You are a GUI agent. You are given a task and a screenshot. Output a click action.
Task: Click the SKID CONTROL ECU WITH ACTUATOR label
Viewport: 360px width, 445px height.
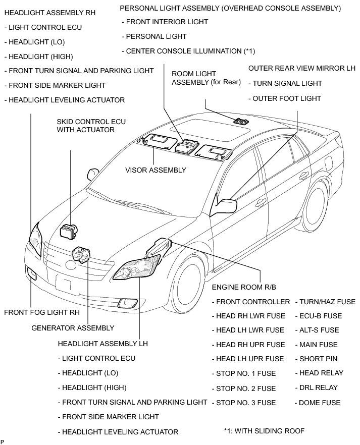(91, 126)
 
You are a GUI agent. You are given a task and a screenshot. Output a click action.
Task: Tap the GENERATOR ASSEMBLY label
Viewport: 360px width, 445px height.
(73, 328)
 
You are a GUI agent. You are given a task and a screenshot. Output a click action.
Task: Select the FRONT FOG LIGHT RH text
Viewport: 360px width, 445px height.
(42, 312)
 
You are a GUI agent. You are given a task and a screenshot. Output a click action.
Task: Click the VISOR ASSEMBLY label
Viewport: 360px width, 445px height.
(156, 170)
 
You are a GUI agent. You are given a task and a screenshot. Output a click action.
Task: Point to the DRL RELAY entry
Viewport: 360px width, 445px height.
(318, 387)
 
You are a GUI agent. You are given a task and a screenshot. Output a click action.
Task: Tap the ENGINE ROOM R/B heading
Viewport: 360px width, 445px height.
(244, 287)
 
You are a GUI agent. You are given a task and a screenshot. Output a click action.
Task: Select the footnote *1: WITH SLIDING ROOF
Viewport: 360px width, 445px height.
(264, 431)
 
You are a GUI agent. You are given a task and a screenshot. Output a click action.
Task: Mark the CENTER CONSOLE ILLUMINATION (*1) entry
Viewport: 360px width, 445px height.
(188, 51)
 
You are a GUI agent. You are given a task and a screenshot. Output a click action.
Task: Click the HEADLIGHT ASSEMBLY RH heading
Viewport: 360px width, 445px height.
(49, 12)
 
